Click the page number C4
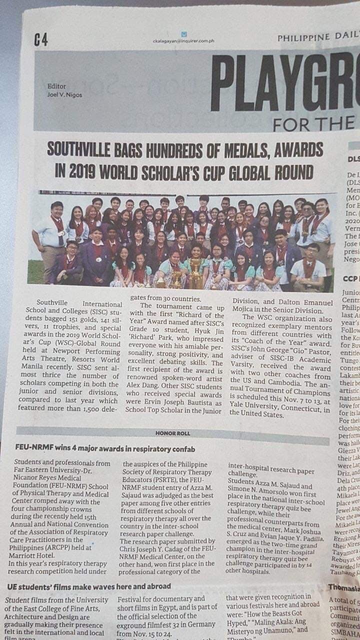[41, 39]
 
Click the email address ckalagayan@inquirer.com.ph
[183, 41]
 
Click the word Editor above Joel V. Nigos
[56, 86]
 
